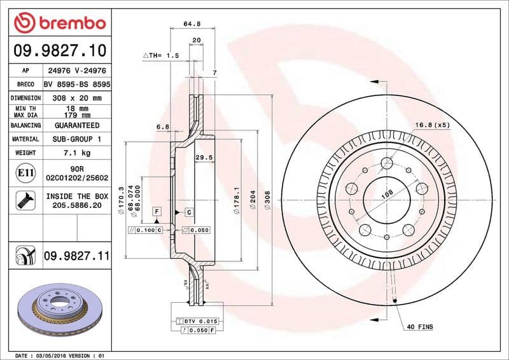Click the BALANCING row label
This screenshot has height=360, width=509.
(25, 126)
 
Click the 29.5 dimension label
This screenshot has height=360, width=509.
(203, 157)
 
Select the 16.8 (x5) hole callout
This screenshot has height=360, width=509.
(432, 125)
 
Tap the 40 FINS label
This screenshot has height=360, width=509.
(419, 327)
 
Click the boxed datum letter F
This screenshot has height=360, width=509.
(155, 211)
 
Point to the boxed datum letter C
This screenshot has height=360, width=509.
(189, 211)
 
